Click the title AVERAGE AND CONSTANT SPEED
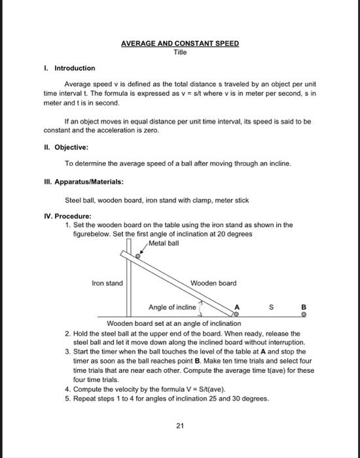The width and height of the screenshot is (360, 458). [180, 43]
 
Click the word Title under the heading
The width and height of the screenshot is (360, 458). [180, 52]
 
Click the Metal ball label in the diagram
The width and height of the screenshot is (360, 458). [164, 243]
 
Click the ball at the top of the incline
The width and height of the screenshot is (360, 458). [137, 257]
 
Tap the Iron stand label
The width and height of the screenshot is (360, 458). [107, 283]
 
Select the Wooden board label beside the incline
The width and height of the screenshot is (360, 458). [213, 283]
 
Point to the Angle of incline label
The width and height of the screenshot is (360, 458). [171, 307]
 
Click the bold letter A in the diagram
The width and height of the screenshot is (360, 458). [237, 307]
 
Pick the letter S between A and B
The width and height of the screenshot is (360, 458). [270, 307]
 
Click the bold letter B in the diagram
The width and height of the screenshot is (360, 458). [303, 307]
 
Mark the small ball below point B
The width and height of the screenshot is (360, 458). [303, 315]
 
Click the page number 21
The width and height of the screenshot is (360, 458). [180, 426]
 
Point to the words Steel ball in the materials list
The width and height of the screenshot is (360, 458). [80, 200]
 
